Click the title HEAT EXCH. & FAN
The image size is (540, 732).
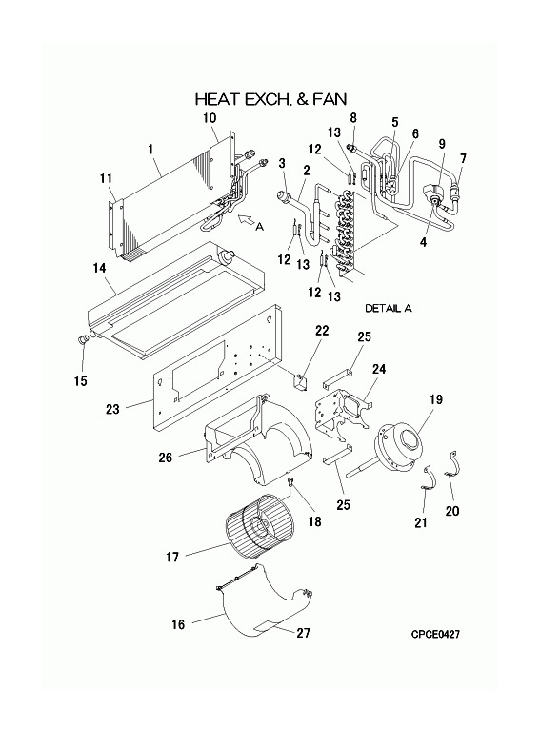[x=270, y=98]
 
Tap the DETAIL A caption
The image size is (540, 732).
[x=389, y=308]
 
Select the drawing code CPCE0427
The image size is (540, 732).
[x=435, y=634]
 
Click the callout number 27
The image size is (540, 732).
[x=303, y=633]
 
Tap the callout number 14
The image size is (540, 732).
[x=99, y=269]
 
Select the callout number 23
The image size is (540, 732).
[x=112, y=409]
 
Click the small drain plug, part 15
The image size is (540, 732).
[x=84, y=338]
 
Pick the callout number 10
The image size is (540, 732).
[x=210, y=117]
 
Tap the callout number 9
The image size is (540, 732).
[x=442, y=144]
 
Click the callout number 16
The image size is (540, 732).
[x=179, y=624]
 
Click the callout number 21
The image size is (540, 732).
[x=421, y=522]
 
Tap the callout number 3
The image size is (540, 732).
[x=282, y=163]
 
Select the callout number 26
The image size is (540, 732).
[x=165, y=457]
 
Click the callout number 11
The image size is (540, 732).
[x=106, y=178]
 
